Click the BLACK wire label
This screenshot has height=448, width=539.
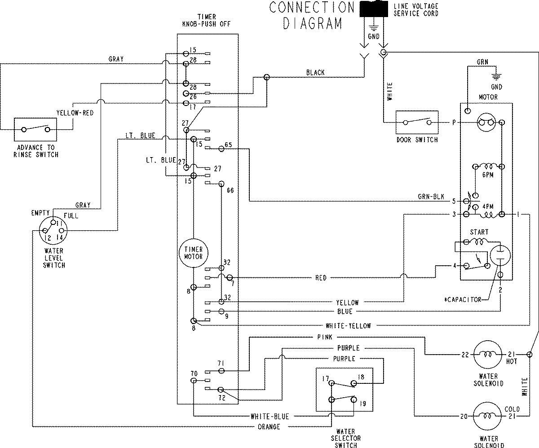(315, 72)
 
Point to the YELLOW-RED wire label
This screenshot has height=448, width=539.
(75, 113)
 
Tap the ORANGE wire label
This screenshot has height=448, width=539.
(269, 426)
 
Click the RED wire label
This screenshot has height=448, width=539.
(321, 278)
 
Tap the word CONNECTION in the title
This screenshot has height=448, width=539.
(312, 7)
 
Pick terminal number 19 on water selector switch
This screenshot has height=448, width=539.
(363, 404)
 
